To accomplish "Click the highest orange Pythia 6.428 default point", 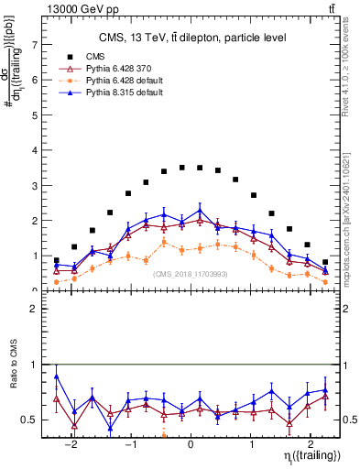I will pyautogui.click(x=164, y=242).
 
